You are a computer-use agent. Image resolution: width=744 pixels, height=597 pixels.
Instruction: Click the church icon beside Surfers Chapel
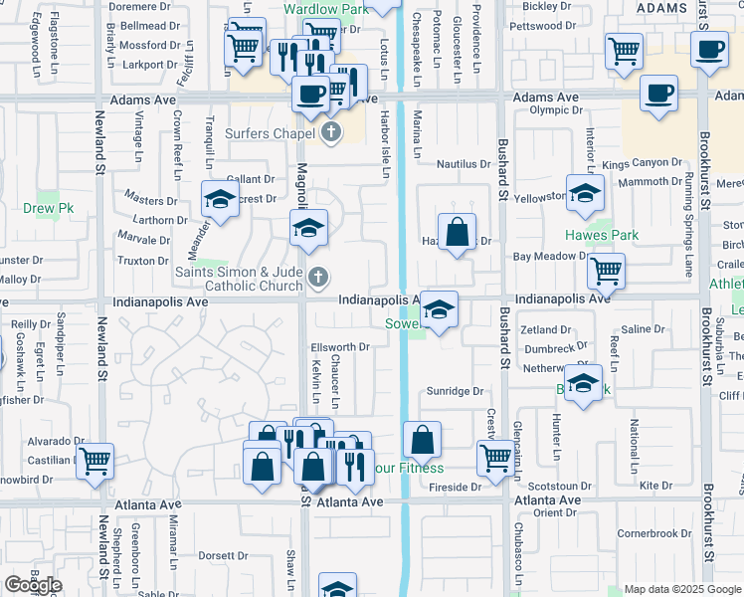[331, 132]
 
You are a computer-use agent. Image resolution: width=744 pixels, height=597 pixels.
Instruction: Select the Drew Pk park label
[49, 208]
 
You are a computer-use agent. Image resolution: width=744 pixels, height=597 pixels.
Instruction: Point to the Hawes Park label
[602, 235]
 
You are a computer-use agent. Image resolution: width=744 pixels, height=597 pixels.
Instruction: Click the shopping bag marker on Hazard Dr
[457, 233]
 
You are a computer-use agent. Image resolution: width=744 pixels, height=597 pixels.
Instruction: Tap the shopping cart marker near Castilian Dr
[94, 461]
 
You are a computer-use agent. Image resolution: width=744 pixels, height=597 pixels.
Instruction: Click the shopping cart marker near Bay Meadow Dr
[606, 270]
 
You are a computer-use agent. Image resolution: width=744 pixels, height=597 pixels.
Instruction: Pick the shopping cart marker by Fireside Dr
[494, 458]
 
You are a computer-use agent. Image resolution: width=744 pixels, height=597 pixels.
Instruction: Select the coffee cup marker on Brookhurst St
[709, 51]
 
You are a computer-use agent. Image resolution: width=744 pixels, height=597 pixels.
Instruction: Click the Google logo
[33, 585]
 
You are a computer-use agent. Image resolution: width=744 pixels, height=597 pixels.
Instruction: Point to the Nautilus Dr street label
[465, 164]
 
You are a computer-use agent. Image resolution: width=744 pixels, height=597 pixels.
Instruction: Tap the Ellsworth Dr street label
[340, 347]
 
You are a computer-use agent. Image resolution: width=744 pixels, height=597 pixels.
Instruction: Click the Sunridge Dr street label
[456, 392]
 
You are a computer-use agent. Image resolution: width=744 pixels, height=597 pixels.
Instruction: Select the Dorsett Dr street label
[222, 555]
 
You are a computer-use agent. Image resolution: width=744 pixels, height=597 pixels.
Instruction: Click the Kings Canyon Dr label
[642, 162]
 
